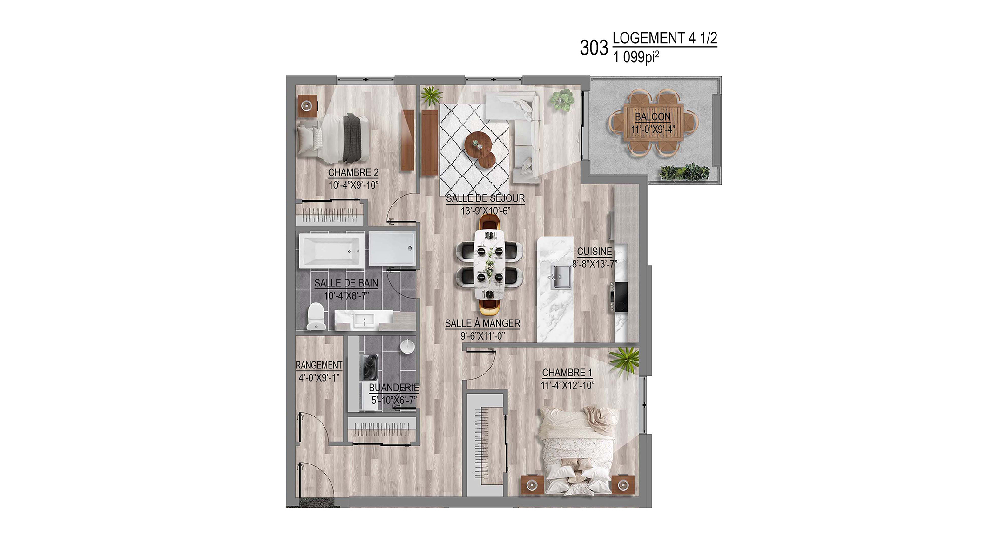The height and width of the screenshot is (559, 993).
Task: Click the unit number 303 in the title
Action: (594, 48)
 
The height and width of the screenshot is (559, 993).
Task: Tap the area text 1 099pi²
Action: (636, 57)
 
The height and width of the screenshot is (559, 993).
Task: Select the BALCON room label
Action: (653, 116)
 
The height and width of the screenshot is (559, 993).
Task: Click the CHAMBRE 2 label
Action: (353, 172)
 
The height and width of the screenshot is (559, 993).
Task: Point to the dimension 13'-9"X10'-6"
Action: (485, 211)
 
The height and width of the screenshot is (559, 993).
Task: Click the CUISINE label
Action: (594, 252)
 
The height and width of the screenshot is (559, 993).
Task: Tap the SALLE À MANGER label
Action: (482, 323)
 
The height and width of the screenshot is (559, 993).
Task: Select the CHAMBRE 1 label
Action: (567, 373)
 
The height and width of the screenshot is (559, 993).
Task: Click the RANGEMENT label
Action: (319, 365)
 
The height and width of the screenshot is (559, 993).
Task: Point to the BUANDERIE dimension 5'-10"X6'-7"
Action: (394, 400)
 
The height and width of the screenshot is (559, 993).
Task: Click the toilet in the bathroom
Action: (316, 316)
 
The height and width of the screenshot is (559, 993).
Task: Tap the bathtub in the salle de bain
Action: (332, 251)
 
